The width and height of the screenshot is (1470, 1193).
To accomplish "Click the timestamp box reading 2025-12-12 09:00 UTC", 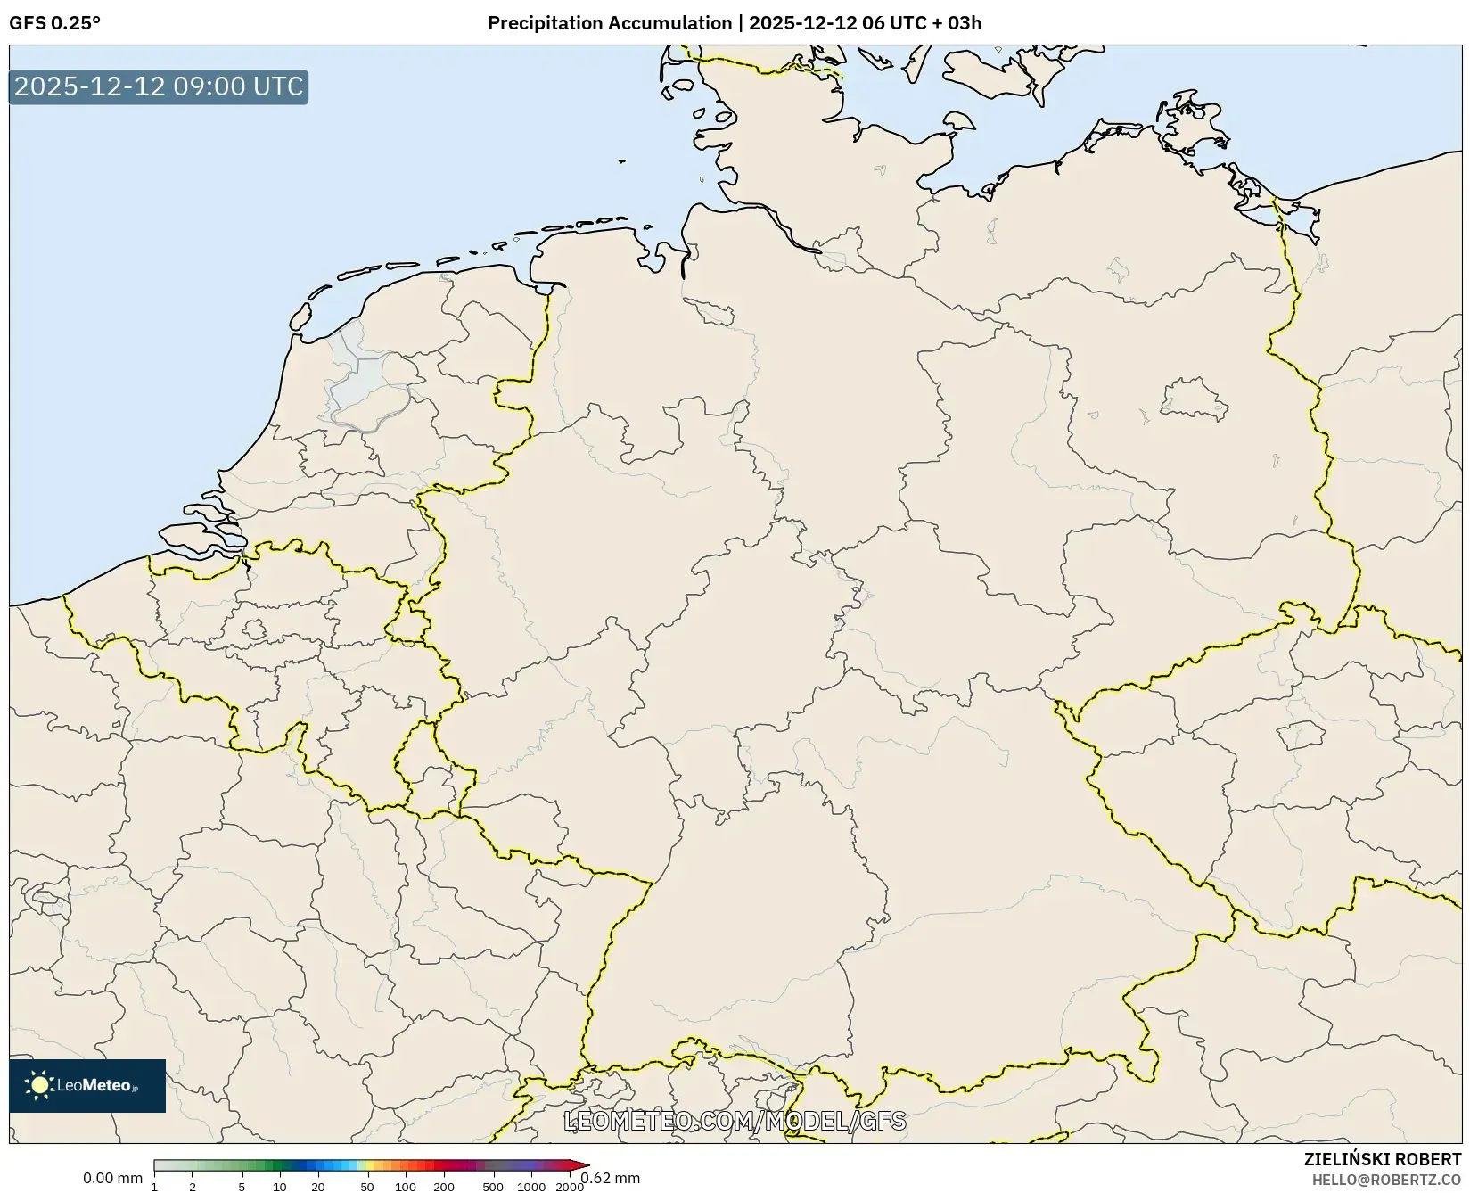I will [x=159, y=86].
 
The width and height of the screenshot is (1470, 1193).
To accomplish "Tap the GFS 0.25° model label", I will [x=54, y=23].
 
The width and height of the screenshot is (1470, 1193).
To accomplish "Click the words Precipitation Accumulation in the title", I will [x=610, y=23].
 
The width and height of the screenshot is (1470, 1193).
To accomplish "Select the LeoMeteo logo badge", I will [x=87, y=1085].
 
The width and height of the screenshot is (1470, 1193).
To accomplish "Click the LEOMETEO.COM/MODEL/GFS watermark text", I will [x=735, y=1121].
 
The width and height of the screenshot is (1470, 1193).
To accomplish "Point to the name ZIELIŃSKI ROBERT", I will [x=1383, y=1159].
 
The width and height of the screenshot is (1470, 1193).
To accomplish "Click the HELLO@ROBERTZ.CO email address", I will [x=1386, y=1180].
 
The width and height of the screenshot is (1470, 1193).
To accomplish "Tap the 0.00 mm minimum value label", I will [x=112, y=1178].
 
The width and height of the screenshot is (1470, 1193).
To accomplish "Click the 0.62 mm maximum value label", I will [x=611, y=1178].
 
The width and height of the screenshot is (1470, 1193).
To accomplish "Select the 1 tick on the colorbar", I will [x=154, y=1186].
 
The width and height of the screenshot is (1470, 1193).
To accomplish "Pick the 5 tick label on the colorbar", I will [x=242, y=1186].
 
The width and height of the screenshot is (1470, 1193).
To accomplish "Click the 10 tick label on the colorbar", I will [x=280, y=1186].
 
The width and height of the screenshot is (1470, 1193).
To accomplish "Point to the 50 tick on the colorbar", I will [x=367, y=1186].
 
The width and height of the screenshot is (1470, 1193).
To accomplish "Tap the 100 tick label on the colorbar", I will [x=406, y=1186].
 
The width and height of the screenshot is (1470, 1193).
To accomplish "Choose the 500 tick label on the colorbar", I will [x=493, y=1186].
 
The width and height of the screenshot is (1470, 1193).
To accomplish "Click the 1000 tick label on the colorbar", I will [x=531, y=1186].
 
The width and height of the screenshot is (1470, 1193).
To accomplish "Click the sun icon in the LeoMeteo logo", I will [x=39, y=1085].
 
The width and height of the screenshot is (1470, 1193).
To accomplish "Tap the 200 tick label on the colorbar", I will [x=444, y=1186].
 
